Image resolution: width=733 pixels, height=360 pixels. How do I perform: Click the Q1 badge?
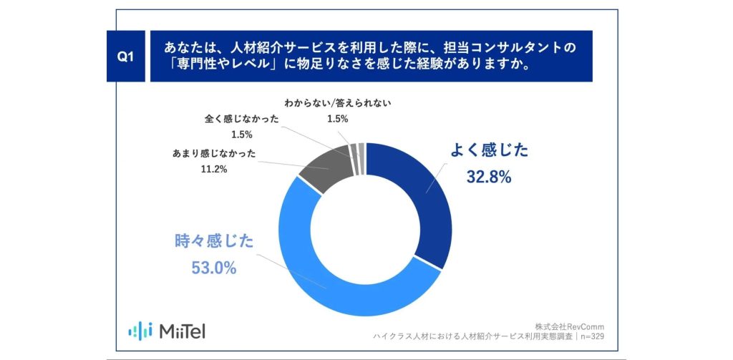125,56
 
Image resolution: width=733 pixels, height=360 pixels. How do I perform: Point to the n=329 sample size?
592,336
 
